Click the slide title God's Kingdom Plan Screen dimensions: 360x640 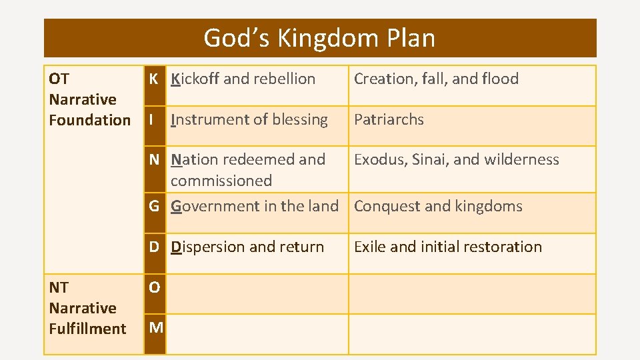pyautogui.click(x=319, y=38)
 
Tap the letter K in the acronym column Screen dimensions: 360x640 pyautogui.click(x=154, y=79)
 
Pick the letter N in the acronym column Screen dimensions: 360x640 pyautogui.click(x=154, y=160)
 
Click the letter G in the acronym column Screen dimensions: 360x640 pyautogui.click(x=154, y=206)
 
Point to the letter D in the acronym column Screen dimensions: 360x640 pyautogui.click(x=154, y=247)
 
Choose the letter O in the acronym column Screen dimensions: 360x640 pyautogui.click(x=155, y=288)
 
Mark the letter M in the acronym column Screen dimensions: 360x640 pyautogui.click(x=155, y=327)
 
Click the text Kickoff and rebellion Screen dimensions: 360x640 pyautogui.click(x=243, y=79)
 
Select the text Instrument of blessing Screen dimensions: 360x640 pyautogui.click(x=249, y=120)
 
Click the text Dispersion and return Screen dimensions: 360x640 pyautogui.click(x=247, y=247)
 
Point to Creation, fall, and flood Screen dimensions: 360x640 pyautogui.click(x=436, y=79)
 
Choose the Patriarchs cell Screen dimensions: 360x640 pyautogui.click(x=389, y=120)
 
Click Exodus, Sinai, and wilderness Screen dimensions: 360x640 pyautogui.click(x=456, y=160)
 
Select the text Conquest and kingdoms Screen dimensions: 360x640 pyautogui.click(x=438, y=206)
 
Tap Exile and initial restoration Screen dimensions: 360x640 pyautogui.click(x=447, y=247)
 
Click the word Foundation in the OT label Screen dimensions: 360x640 pyautogui.click(x=89, y=121)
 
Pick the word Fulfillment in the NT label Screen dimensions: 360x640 pyautogui.click(x=87, y=329)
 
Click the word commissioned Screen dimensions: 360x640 pyautogui.click(x=221, y=181)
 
